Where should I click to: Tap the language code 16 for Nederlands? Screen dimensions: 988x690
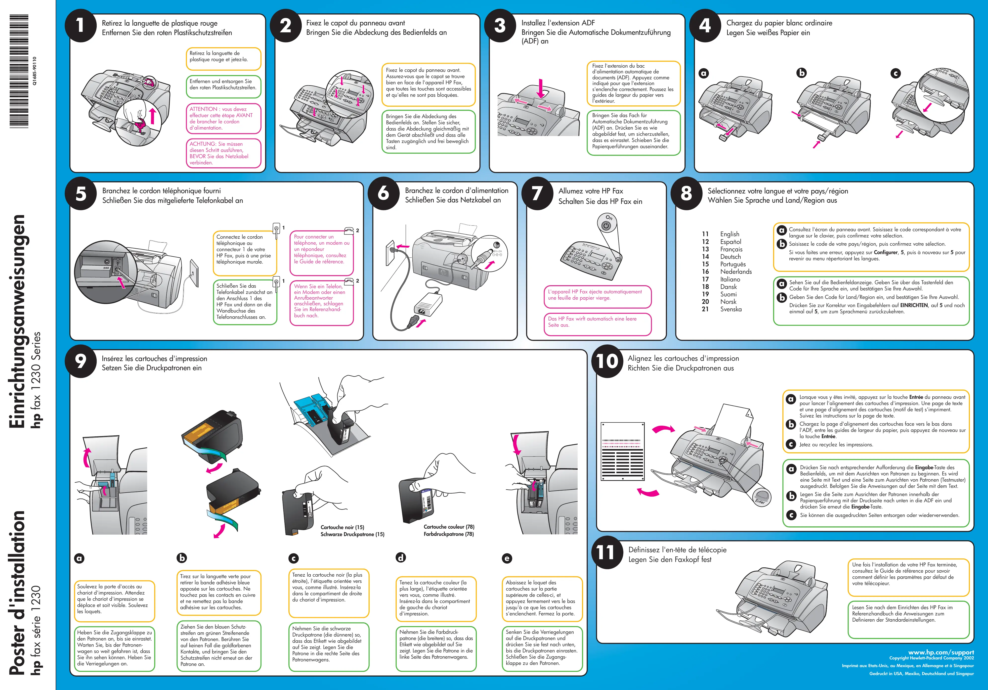705,272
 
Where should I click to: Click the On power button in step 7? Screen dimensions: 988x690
607,225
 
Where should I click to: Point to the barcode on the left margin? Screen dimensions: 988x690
19,71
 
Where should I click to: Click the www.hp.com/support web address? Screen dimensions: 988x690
941,652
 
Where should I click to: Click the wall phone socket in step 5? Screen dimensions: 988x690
195,273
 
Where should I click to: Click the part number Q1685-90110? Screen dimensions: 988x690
35,71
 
